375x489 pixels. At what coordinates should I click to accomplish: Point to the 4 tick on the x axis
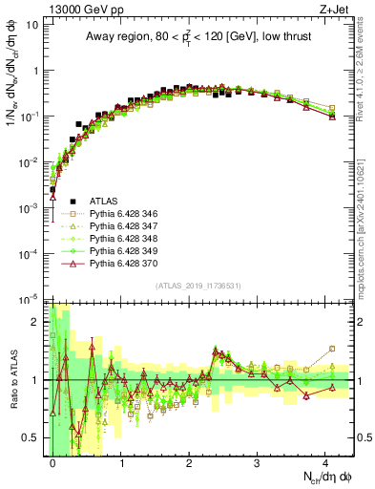pos(324,460)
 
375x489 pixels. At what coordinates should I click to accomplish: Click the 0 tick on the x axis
pos(53,460)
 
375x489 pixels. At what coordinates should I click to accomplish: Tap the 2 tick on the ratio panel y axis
pos(36,321)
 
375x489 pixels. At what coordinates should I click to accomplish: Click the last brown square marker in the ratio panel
pos(331,349)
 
